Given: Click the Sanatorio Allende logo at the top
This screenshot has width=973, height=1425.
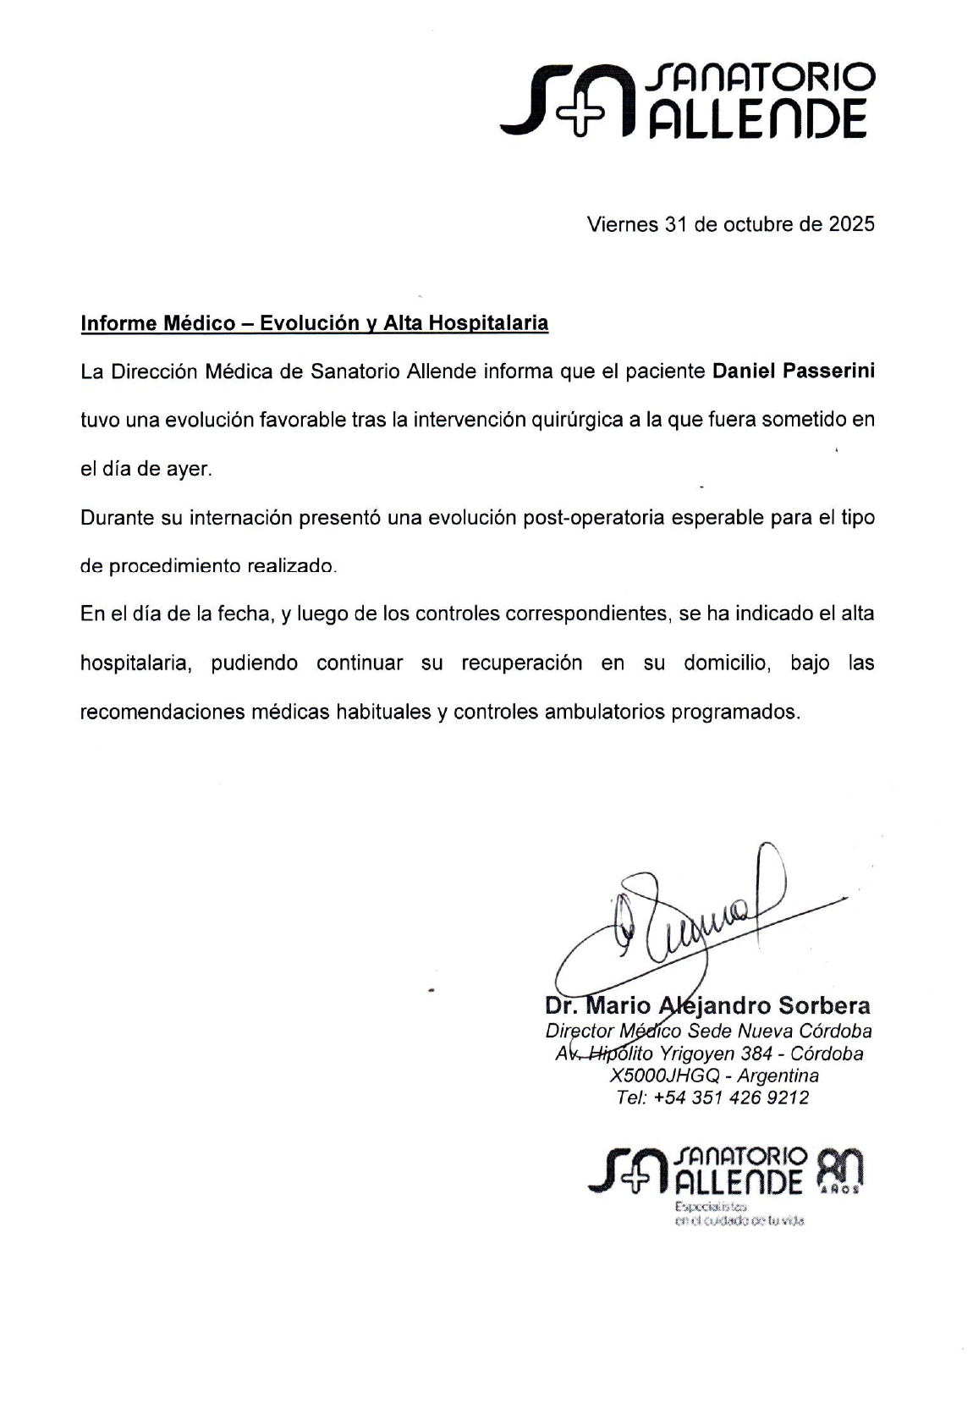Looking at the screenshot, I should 687,100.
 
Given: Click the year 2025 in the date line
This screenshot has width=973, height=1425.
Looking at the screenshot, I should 851,224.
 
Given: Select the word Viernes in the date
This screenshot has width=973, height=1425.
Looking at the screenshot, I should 623,224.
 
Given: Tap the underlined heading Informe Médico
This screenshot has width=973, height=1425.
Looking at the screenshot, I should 157,323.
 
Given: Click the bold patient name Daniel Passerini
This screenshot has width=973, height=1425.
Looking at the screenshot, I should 793,371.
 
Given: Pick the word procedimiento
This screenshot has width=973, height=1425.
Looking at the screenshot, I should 172,566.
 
